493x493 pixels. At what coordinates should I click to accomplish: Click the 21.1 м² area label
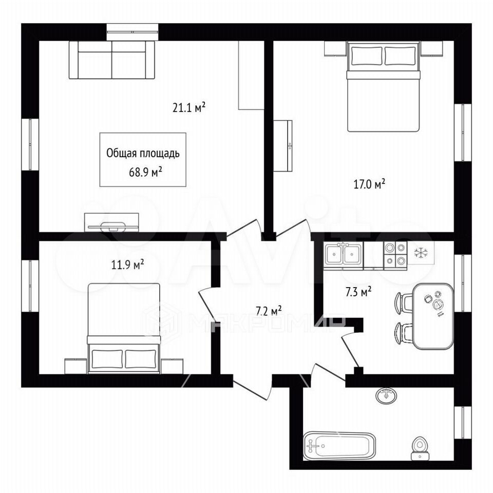[x=189, y=108]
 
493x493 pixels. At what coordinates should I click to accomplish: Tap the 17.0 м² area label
[x=370, y=184]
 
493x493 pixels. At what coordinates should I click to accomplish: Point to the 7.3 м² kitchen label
[x=358, y=292]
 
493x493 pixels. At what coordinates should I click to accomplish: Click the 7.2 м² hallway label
[x=269, y=311]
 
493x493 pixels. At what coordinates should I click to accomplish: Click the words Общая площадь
[x=143, y=154]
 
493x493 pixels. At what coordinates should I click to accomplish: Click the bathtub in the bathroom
[x=339, y=446]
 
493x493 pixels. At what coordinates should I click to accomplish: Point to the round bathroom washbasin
[x=386, y=395]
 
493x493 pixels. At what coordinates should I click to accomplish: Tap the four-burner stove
[x=395, y=254]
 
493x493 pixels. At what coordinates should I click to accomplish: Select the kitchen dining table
[x=433, y=316]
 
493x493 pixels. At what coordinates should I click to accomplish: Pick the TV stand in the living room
[x=111, y=222]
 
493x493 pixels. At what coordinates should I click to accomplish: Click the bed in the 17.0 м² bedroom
[x=384, y=87]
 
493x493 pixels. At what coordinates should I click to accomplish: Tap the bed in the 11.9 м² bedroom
[x=124, y=328]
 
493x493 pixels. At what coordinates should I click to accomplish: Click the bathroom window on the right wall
[x=463, y=423]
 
